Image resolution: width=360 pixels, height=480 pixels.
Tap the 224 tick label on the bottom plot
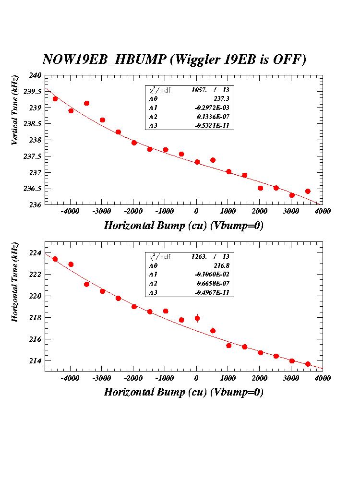[36, 253]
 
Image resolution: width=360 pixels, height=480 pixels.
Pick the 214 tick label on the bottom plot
[36, 360]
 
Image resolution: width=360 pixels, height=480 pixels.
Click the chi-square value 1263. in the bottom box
[199, 257]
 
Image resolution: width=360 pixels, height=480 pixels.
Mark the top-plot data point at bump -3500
[86, 103]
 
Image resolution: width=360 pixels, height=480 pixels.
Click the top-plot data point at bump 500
[213, 160]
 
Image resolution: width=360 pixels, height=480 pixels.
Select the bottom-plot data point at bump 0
[197, 318]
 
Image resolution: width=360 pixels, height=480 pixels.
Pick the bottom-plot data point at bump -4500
[55, 259]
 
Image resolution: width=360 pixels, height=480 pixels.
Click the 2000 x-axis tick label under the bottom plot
[259, 378]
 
